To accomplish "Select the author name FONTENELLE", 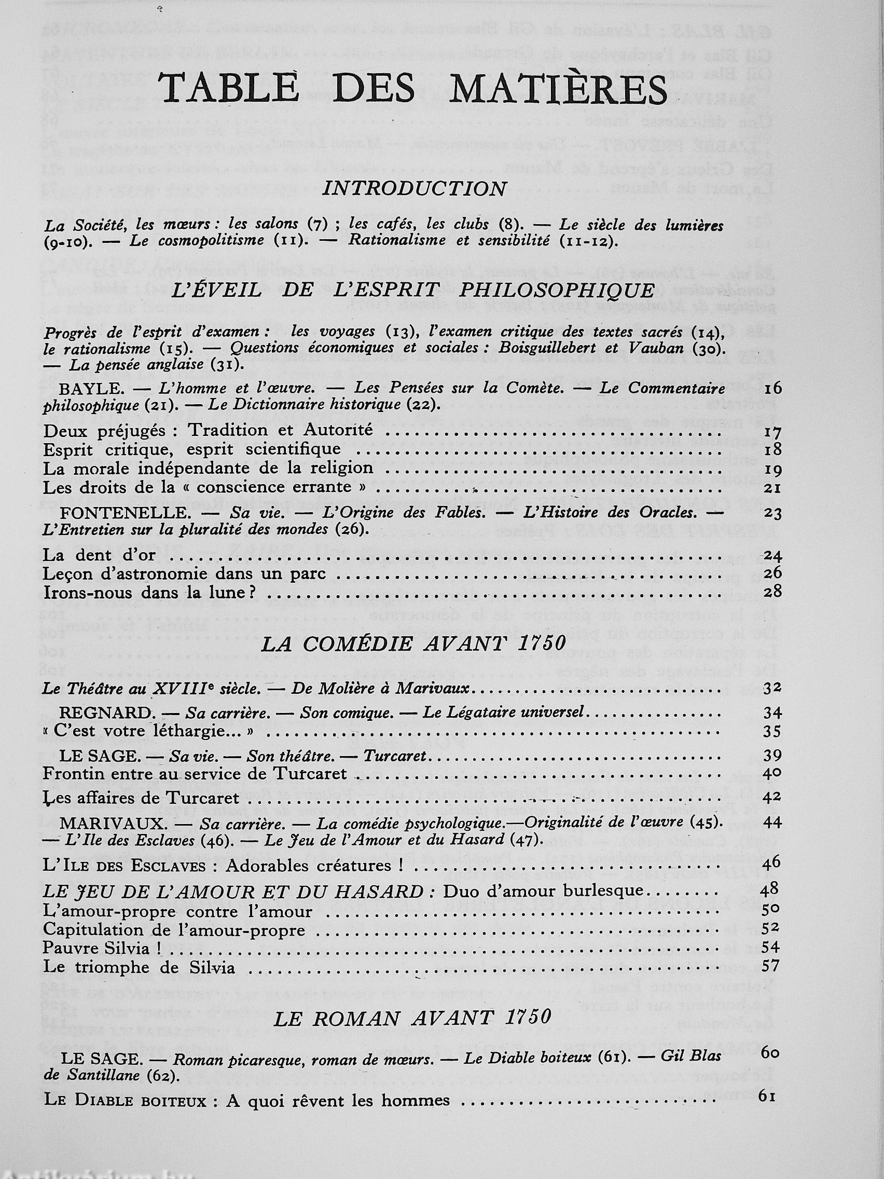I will click(125, 513).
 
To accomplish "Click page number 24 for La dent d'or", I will click(772, 555).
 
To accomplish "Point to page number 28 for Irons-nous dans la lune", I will click(772, 592).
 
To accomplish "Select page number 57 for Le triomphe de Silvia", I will click(771, 965).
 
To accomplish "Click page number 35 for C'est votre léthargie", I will click(771, 731).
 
